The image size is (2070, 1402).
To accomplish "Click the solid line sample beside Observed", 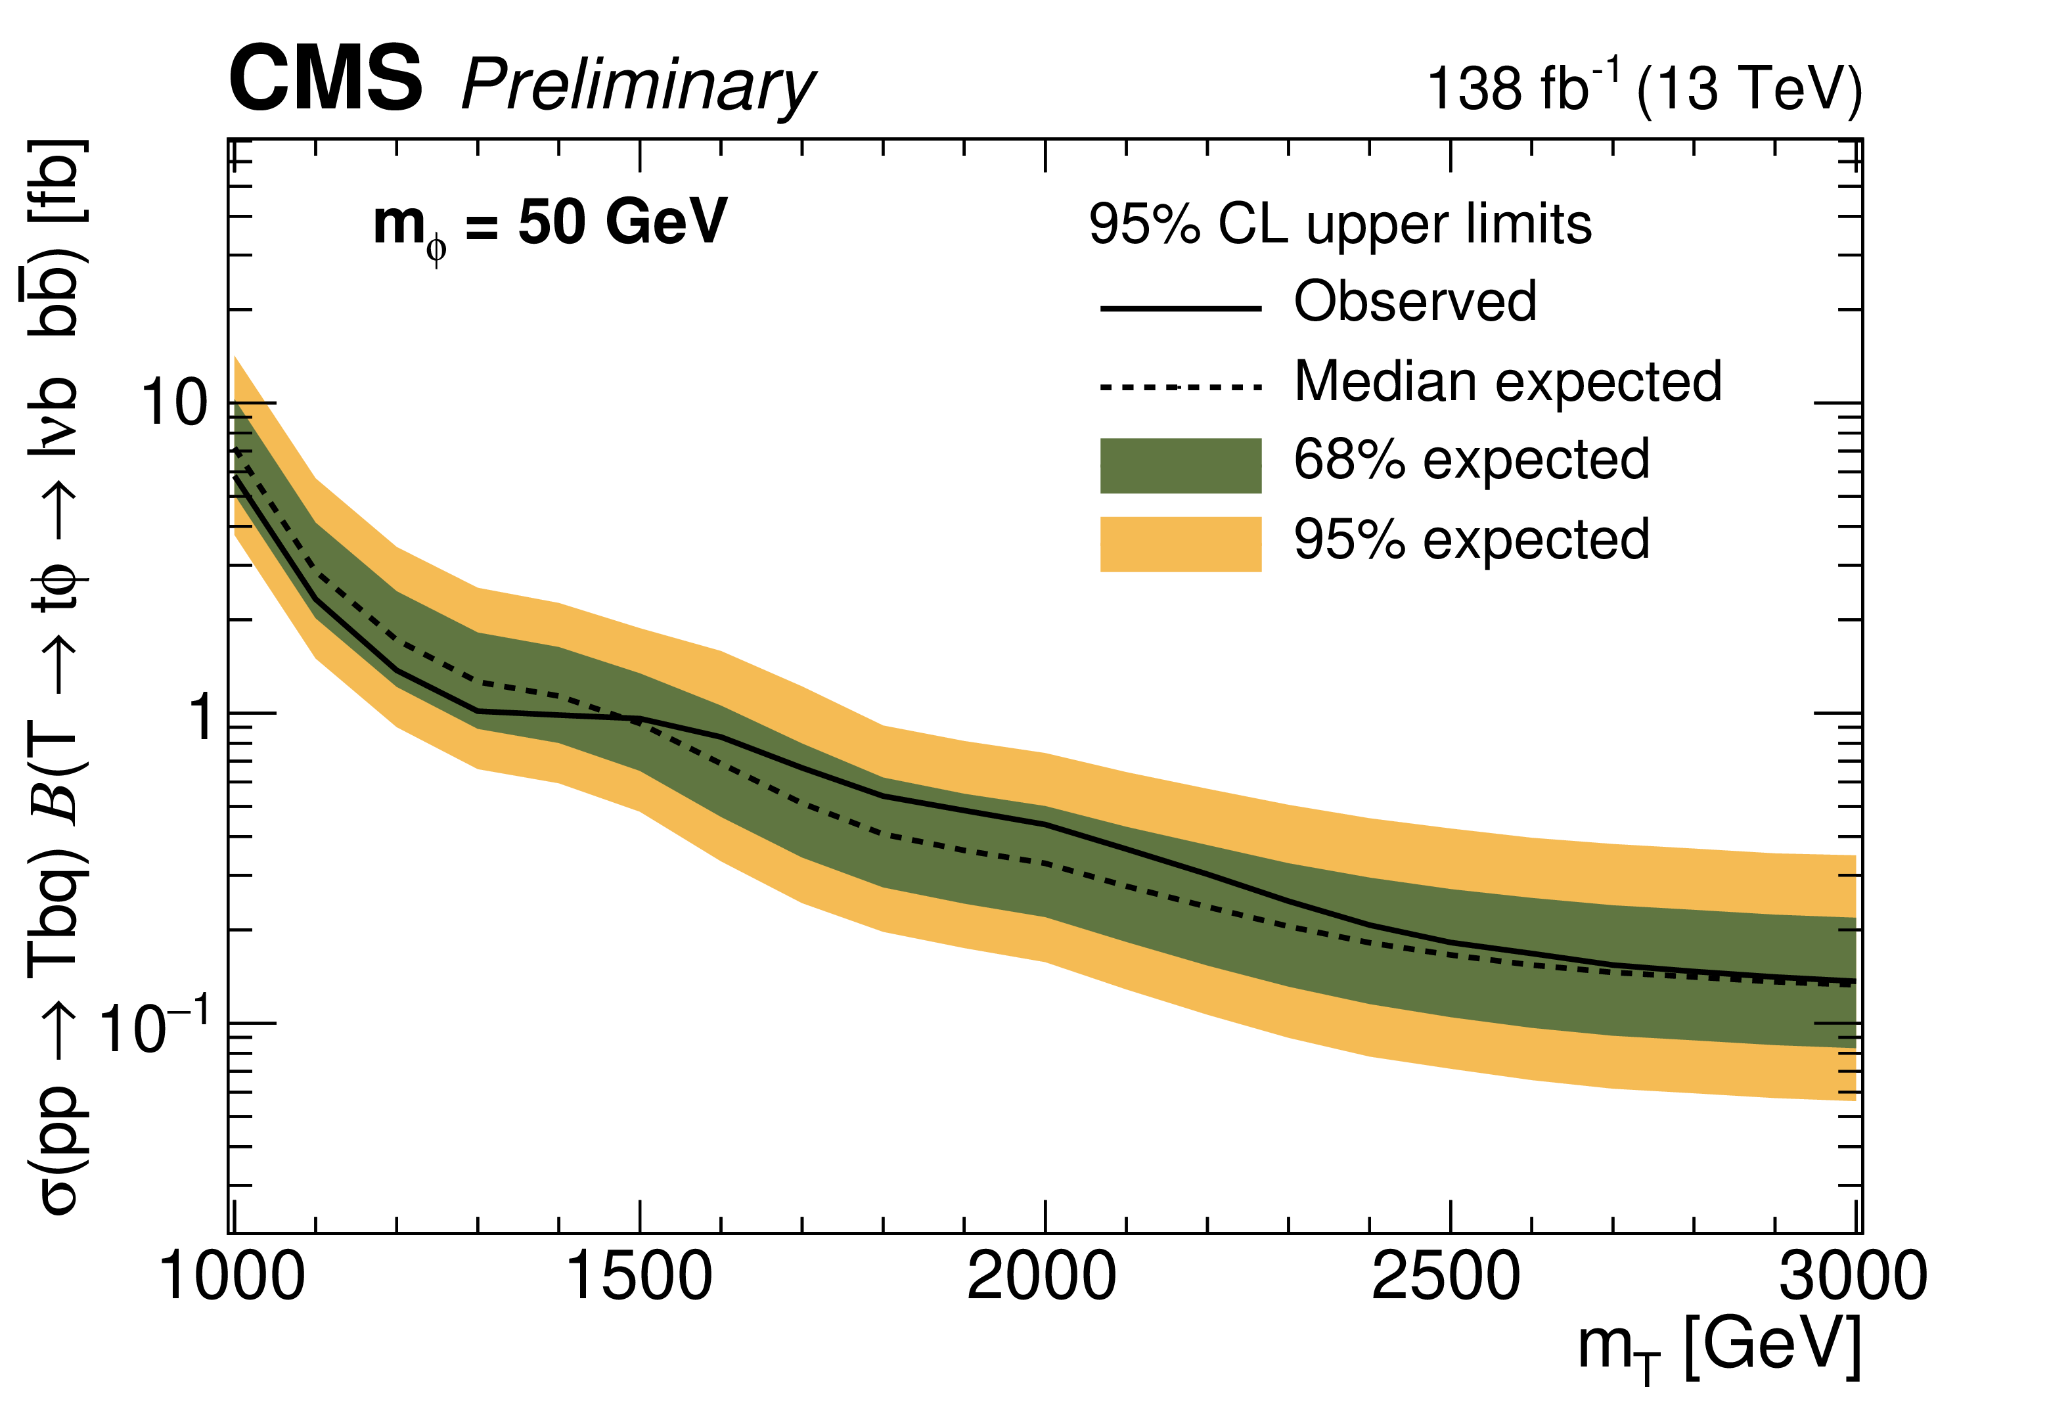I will point(1181,308).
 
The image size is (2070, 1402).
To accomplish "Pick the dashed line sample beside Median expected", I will point(1181,386).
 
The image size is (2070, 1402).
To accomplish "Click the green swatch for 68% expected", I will point(1181,465).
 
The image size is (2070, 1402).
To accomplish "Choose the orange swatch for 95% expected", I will point(1181,543).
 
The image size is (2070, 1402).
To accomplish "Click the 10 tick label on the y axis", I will point(175,403).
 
